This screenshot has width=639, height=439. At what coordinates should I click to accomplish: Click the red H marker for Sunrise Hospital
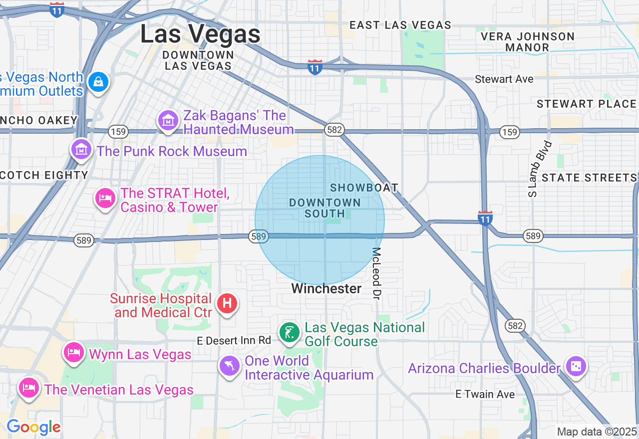pos(227,303)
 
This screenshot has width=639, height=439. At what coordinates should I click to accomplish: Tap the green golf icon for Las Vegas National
pos(289,332)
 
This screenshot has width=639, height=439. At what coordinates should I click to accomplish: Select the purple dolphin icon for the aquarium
pos(230,366)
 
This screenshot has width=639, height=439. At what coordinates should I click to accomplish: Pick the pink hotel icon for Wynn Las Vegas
pos(74,352)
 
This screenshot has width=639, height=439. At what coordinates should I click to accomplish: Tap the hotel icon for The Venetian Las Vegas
pos(29,387)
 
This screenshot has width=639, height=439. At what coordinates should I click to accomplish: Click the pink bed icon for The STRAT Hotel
pos(105,198)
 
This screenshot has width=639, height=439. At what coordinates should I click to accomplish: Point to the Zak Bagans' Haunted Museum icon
pos(168,120)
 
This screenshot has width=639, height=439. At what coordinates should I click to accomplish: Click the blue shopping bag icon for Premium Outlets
pos(98,81)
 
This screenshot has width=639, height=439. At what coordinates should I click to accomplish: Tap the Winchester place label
pos(326,288)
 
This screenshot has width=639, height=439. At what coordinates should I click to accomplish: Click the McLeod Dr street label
pos(377,273)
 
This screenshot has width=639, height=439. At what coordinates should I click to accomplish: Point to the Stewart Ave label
pos(504,79)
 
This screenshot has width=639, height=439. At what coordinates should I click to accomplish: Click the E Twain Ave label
pos(485,394)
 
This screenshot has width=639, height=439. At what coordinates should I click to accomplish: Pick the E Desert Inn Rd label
pos(234,340)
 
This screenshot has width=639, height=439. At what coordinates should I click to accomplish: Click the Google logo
pos(33,427)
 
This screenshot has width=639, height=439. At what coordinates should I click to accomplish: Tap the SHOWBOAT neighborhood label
pos(364,188)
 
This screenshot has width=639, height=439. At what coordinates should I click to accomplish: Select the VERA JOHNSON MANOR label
pos(527,42)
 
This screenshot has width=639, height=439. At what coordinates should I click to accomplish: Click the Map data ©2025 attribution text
pos(597,432)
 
